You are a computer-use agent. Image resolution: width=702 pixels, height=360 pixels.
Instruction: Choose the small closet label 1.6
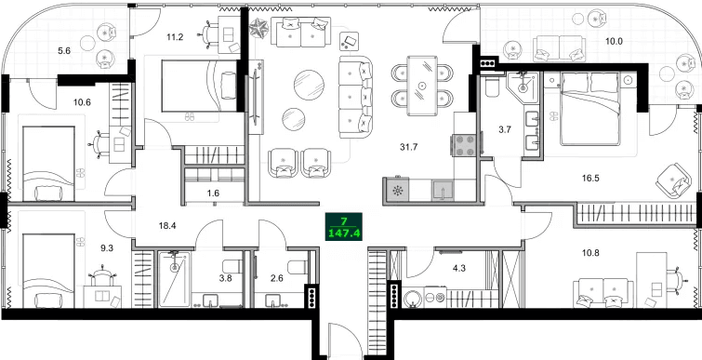(213, 193)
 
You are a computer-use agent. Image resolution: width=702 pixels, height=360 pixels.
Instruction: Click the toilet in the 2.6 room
(296, 270)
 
